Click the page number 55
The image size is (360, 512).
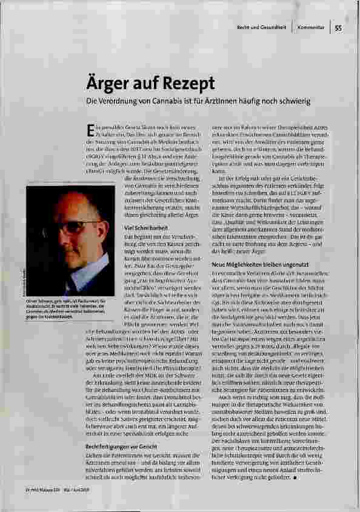pos(338,28)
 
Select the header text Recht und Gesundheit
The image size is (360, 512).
pos(263,28)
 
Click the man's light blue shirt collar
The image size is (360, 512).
pos(85,276)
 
